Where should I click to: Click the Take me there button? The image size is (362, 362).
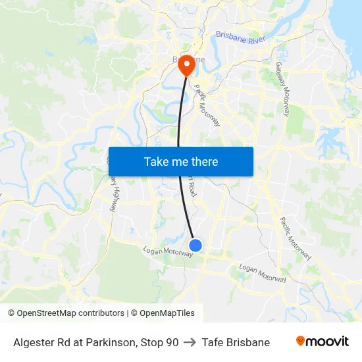(181, 161)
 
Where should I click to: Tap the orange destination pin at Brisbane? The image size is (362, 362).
(187, 64)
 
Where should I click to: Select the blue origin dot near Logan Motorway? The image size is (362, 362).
(195, 246)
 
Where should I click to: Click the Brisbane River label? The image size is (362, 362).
(240, 39)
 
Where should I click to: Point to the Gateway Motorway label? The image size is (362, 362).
(283, 90)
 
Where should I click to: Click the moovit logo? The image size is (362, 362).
(323, 342)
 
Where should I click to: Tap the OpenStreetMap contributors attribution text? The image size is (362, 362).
(66, 313)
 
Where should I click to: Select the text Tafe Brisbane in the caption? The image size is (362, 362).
(236, 342)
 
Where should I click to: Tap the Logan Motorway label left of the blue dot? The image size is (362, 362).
(168, 251)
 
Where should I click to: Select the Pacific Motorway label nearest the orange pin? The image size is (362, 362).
(207, 105)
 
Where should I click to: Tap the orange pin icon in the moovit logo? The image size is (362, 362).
(301, 341)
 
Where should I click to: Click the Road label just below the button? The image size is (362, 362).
(192, 187)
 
